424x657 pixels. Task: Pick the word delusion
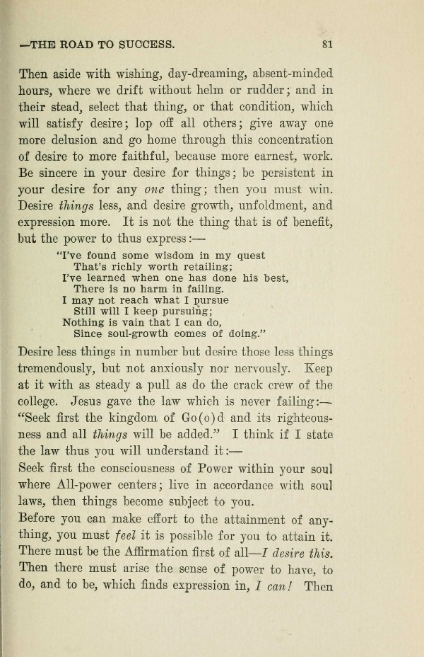95,139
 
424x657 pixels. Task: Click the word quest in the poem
249,256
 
